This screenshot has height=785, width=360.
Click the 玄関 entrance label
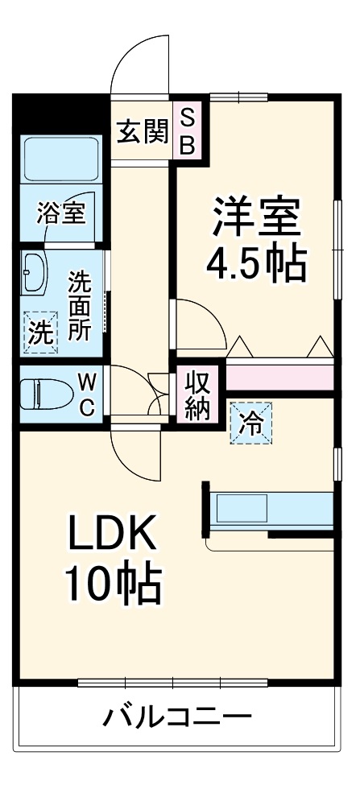pos(142,130)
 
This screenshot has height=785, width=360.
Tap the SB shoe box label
pos(186,130)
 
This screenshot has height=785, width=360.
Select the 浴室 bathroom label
pos(61,213)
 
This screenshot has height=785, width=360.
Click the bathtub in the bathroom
pos(61,159)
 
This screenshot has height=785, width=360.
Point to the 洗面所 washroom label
pos(79,306)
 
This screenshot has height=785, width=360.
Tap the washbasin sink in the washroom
pos(33,274)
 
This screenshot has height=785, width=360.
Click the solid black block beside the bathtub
pos(60,108)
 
